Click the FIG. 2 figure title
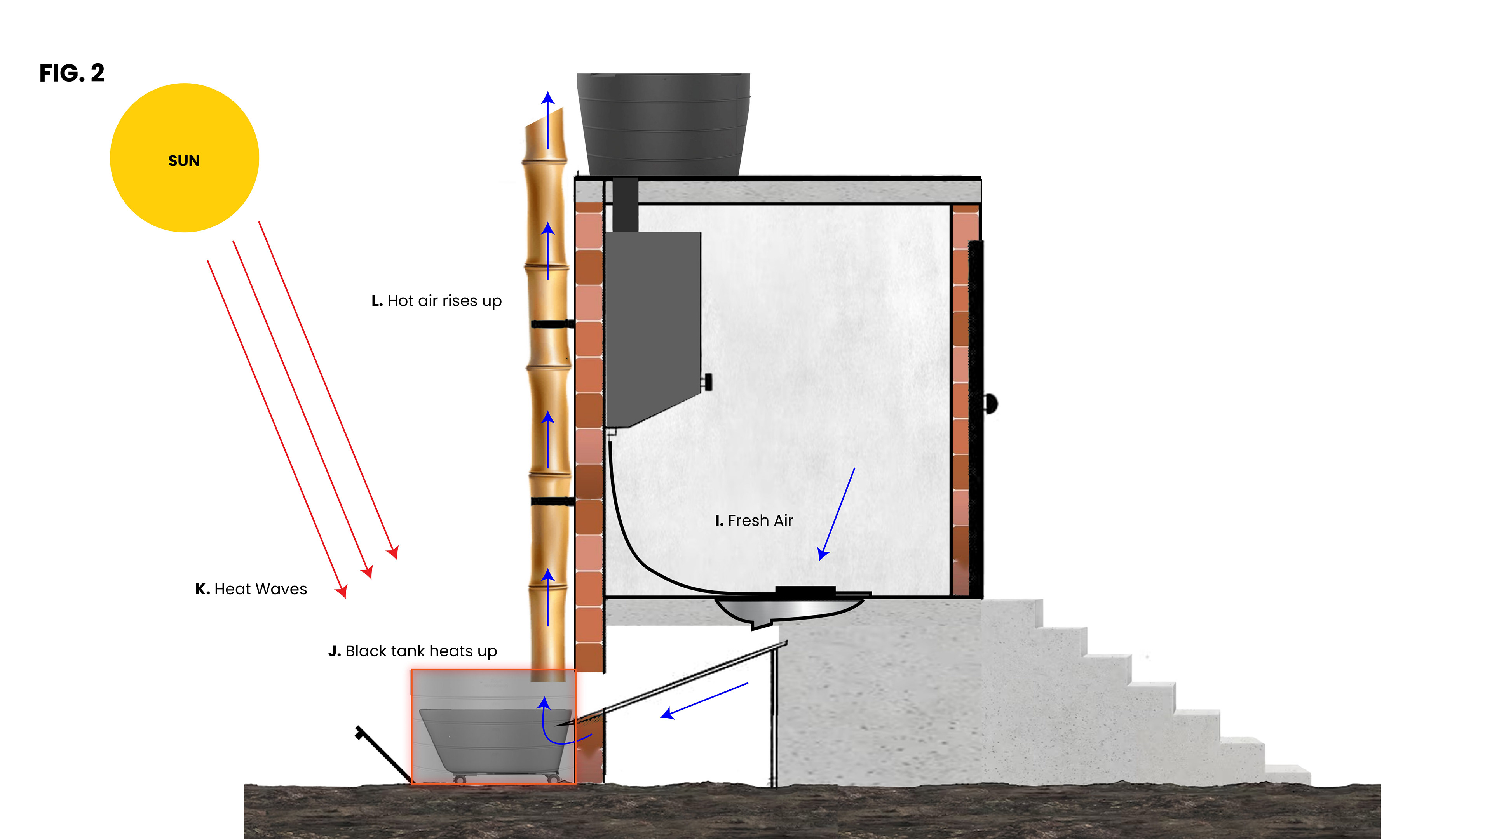click(x=72, y=73)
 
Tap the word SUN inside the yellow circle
click(x=184, y=161)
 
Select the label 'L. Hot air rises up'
click(x=436, y=301)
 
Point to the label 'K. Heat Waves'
click(x=251, y=590)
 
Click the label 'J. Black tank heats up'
click(x=412, y=651)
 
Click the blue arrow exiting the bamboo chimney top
click(x=548, y=119)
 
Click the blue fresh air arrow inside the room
click(x=837, y=514)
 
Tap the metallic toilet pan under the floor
click(x=788, y=611)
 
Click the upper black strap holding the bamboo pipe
click(x=552, y=324)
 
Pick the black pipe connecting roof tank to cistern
click(x=625, y=204)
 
